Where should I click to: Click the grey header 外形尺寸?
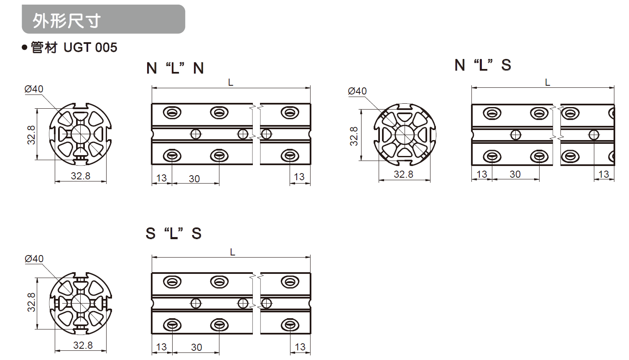[x=103, y=19]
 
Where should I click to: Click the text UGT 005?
[x=90, y=48]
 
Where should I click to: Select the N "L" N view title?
[x=175, y=68]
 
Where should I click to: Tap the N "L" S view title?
[x=483, y=65]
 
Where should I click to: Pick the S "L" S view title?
[x=173, y=233]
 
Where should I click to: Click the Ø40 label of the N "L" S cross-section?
[x=357, y=91]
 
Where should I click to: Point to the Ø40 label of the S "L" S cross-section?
[x=34, y=258]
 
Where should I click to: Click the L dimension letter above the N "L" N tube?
[x=231, y=82]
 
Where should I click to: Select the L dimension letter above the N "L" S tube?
[x=548, y=82]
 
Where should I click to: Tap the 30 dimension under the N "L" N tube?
[x=194, y=179]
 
